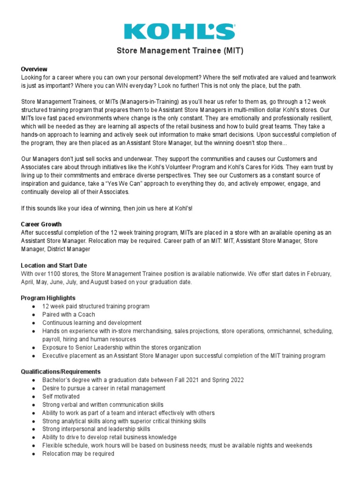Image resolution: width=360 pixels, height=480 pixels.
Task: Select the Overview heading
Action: [x=34, y=69]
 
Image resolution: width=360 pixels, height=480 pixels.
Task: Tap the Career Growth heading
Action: [x=41, y=225]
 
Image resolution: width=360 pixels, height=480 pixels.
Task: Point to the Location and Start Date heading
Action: [x=54, y=265]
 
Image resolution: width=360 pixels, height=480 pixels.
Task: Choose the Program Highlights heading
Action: [x=48, y=298]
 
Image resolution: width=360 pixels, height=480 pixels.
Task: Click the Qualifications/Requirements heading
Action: [x=61, y=372]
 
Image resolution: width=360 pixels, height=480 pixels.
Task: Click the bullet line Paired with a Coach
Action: [x=68, y=315]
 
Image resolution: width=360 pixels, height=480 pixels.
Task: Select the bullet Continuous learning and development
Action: [x=92, y=323]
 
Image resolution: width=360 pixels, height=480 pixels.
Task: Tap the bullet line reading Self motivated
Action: [x=61, y=397]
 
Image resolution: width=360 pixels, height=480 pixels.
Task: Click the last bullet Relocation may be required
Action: [x=78, y=454]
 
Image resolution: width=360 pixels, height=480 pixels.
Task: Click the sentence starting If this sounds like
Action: [x=107, y=208]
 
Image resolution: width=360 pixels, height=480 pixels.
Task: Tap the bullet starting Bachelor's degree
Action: [x=143, y=380]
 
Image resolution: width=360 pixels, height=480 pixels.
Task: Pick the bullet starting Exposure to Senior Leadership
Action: [x=121, y=347]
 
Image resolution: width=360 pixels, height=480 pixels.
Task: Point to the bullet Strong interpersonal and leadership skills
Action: [x=96, y=429]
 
